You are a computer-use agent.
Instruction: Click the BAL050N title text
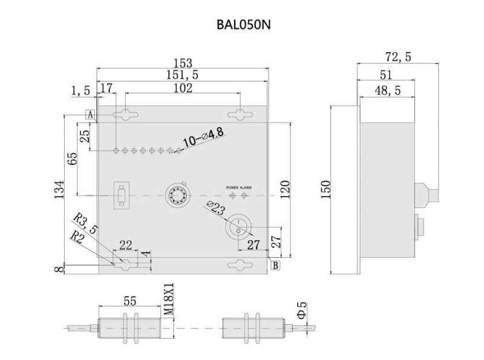(x=242, y=25)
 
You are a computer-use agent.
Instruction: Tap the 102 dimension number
(x=183, y=88)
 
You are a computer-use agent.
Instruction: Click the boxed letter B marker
(x=275, y=265)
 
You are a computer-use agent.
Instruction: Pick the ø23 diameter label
(x=216, y=209)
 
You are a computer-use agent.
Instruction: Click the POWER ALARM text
(x=239, y=188)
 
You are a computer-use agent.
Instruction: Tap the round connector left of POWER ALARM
(x=178, y=195)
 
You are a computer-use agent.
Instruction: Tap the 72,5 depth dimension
(x=397, y=57)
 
